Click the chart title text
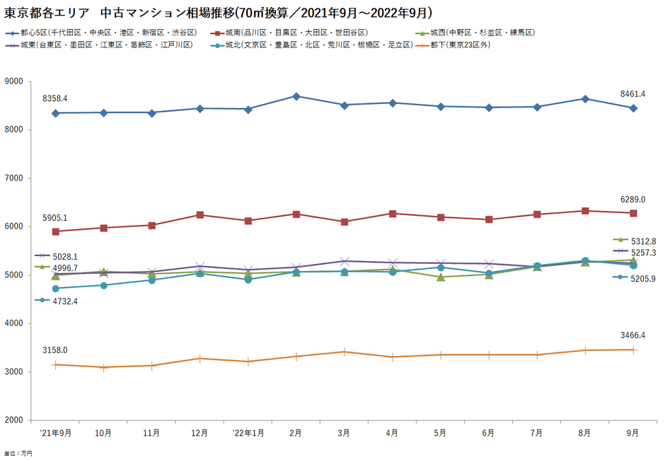click(x=219, y=12)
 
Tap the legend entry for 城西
click(x=481, y=33)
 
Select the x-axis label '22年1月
click(x=248, y=432)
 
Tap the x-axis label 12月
click(x=199, y=432)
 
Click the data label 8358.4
click(x=54, y=98)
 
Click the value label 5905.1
click(x=54, y=218)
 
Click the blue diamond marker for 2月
click(x=296, y=96)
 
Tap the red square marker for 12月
click(x=199, y=214)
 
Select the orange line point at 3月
click(x=345, y=352)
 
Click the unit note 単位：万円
click(x=18, y=453)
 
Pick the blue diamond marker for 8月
click(x=585, y=99)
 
